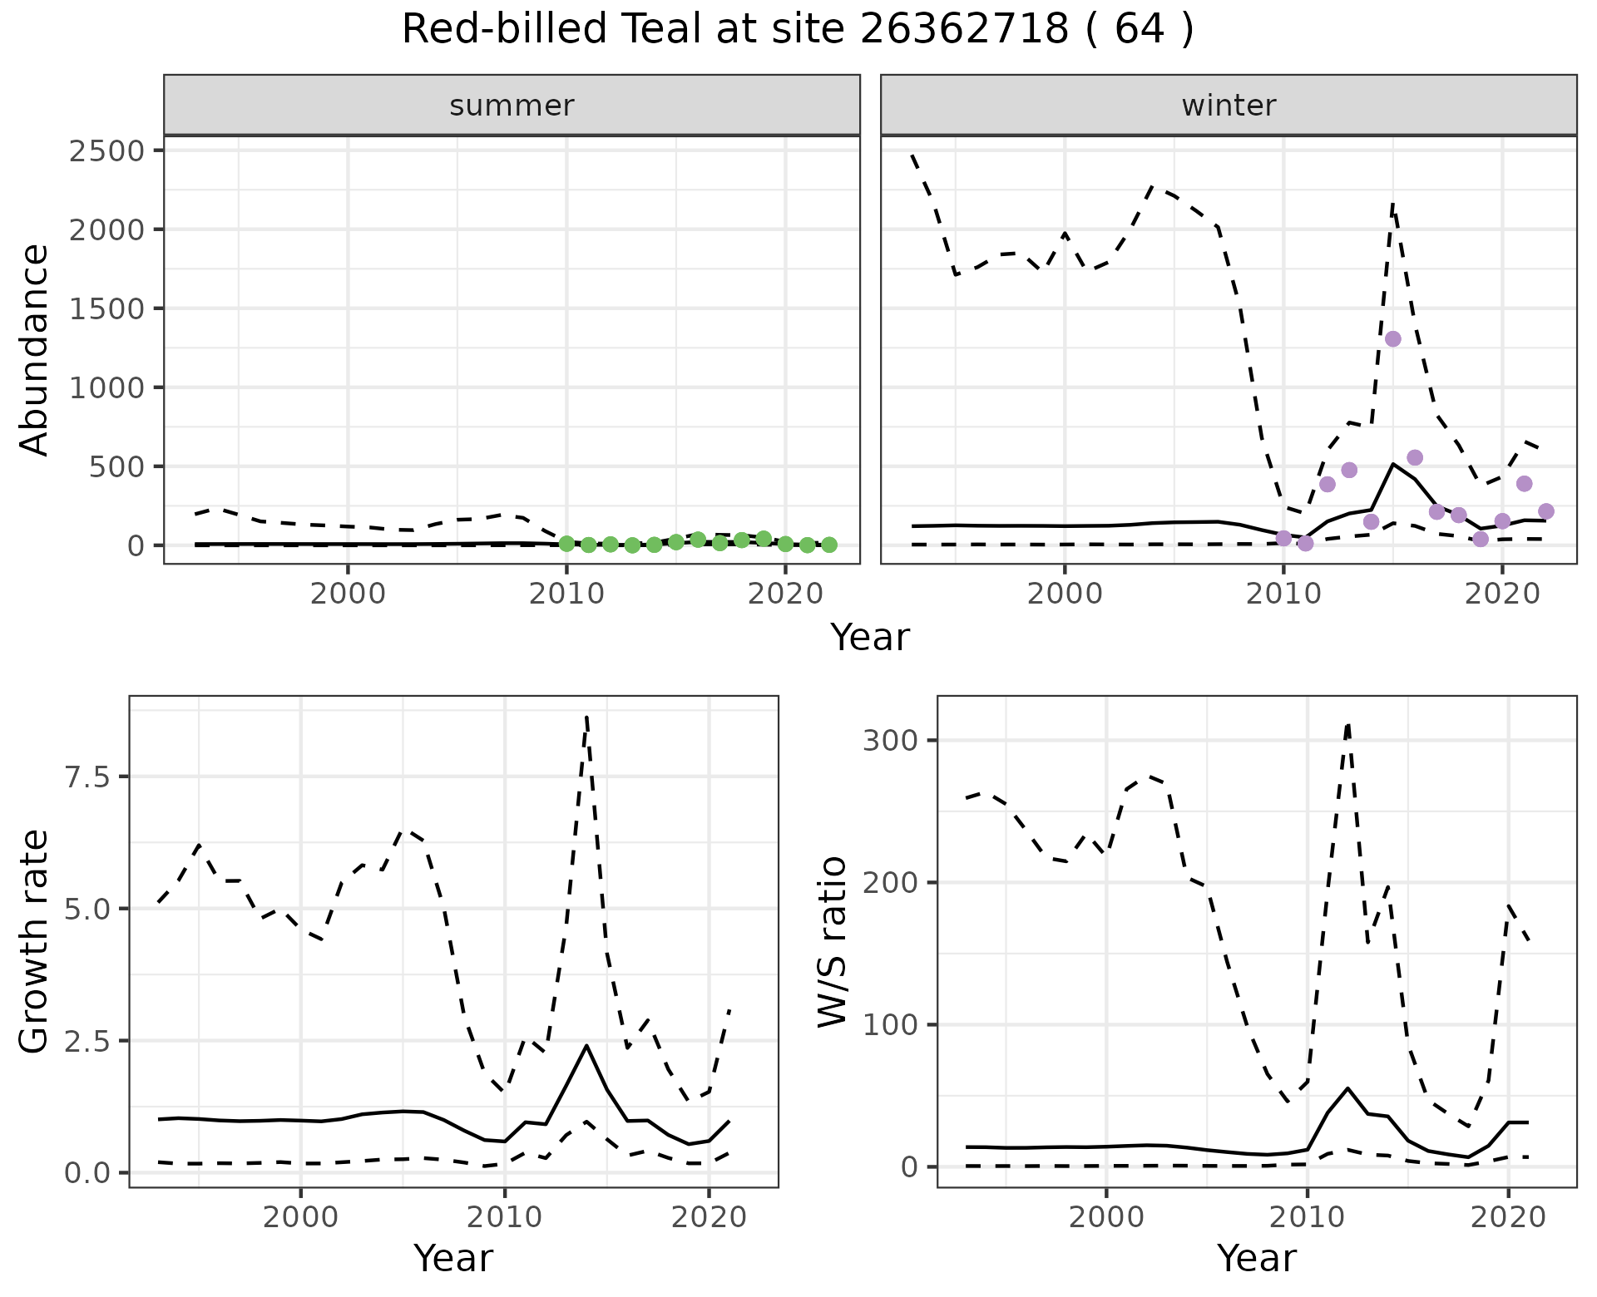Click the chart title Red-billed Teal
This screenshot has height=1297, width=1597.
[797, 30]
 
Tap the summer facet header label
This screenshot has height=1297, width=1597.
[512, 106]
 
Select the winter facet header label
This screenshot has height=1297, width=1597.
[1229, 106]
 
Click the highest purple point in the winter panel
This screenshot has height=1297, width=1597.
[1393, 338]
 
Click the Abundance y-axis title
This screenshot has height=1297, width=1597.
[35, 350]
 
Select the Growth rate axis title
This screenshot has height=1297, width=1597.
[35, 942]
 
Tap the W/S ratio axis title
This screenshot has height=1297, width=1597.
[833, 942]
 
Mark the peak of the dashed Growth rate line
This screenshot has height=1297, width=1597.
[587, 717]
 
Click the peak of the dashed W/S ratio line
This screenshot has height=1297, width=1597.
[1347, 724]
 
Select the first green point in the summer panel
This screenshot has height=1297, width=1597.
[566, 544]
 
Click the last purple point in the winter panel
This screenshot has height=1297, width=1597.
[1546, 511]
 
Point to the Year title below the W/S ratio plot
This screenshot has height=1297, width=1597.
[1256, 1259]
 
